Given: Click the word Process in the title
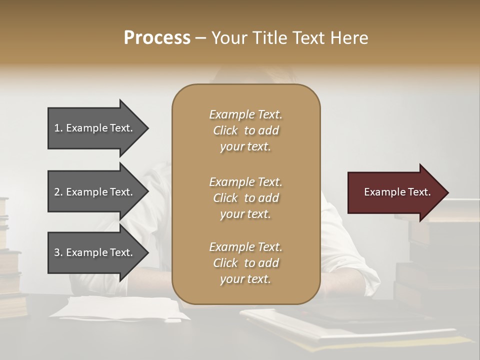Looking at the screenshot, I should (x=157, y=38).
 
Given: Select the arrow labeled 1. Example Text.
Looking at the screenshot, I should (x=95, y=128).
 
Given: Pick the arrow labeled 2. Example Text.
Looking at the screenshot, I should (x=95, y=192).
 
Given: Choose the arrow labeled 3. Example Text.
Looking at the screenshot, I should (x=95, y=252).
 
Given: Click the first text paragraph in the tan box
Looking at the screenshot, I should (x=245, y=130).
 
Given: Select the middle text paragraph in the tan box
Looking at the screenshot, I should (x=245, y=198).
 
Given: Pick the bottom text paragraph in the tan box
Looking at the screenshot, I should (x=245, y=263).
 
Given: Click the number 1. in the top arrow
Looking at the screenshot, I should (x=58, y=128).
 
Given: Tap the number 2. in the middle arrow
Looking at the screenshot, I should (x=58, y=192).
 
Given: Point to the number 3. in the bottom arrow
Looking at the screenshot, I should (x=58, y=252).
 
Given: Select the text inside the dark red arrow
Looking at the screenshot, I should (x=397, y=192).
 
